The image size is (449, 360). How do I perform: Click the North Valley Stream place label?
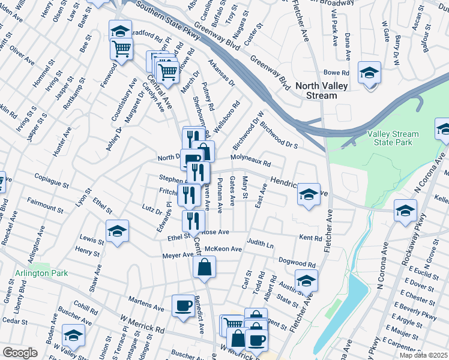coord(321,91)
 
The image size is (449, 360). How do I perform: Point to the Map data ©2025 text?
coord(423,355)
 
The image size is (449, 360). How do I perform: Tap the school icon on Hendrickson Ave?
coord(309,195)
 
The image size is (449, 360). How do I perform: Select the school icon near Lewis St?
coord(117,232)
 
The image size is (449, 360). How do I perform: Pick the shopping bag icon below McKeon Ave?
coord(204,267)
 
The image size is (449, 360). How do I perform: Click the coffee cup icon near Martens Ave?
coord(182,305)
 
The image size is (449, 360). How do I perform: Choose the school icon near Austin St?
coord(306,281)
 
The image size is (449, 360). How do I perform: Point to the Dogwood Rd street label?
coord(297,263)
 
